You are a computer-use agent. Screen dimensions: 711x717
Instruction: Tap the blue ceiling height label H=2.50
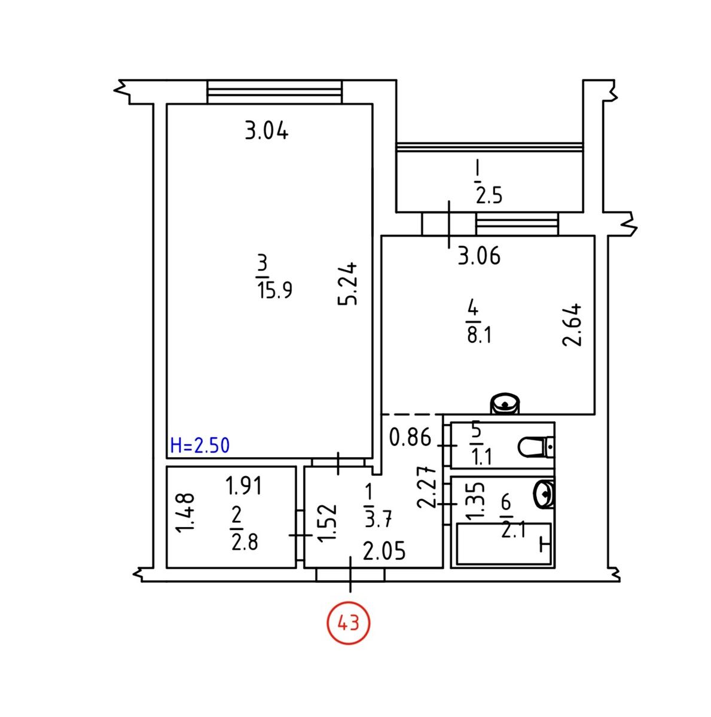click(200, 445)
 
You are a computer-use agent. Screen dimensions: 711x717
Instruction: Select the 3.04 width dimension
click(267, 131)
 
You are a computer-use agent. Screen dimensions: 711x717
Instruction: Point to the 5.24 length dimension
click(347, 284)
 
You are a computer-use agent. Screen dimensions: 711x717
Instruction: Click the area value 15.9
click(275, 290)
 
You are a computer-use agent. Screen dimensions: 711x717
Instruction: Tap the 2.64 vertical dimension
click(571, 325)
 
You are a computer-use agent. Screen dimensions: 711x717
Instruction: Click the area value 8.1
click(479, 335)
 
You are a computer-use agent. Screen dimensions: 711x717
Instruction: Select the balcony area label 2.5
click(489, 196)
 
